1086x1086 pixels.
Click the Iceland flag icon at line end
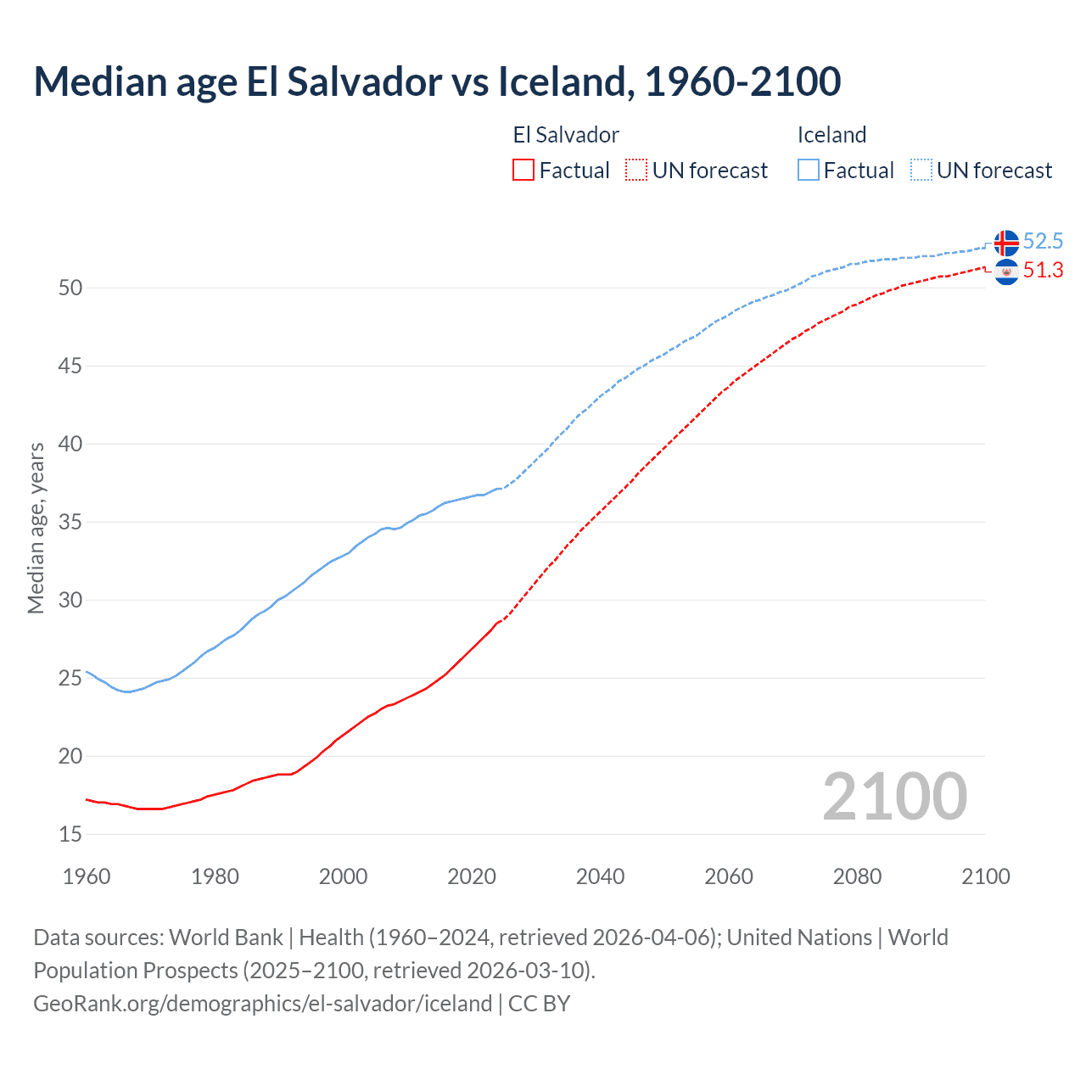(x=1006, y=243)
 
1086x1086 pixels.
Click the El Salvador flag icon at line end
(x=1006, y=271)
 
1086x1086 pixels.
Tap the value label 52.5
(x=1043, y=242)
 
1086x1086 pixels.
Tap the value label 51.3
(x=1043, y=271)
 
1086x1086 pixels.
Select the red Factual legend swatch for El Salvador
(x=523, y=171)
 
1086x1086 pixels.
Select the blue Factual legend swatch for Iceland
(x=809, y=171)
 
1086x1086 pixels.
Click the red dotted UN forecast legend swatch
(x=636, y=171)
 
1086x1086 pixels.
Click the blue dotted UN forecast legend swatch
(x=921, y=171)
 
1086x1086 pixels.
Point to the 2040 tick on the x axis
(x=600, y=876)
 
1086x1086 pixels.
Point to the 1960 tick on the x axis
(x=87, y=876)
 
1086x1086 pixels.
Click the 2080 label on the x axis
(x=857, y=876)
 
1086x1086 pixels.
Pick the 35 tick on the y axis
(x=70, y=522)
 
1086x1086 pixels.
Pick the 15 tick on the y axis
(x=70, y=834)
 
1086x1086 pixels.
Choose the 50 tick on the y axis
(x=70, y=288)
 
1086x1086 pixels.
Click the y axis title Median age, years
(x=36, y=528)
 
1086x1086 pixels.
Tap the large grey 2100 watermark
(x=894, y=797)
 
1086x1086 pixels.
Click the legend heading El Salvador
(x=566, y=135)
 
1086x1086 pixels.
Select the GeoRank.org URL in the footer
(x=262, y=1003)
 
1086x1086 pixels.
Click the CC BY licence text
(x=540, y=1003)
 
